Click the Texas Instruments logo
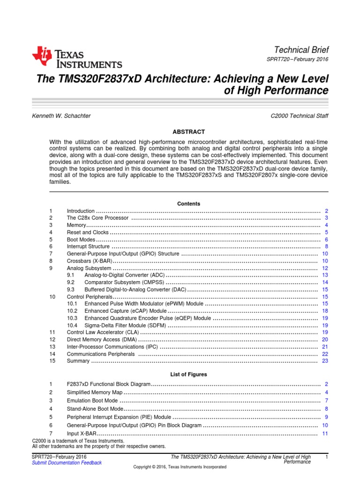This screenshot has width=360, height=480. (x=77, y=57)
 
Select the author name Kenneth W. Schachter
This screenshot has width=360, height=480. (x=61, y=115)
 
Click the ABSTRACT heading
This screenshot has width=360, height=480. (x=188, y=132)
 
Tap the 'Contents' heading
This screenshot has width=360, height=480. (x=188, y=204)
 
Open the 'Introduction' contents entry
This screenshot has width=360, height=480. (x=81, y=211)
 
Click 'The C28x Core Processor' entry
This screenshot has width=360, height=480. (x=97, y=218)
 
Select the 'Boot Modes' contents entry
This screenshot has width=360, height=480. (x=81, y=240)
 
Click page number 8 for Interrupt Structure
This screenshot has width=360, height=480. (x=326, y=247)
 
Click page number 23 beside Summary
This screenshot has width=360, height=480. (x=325, y=361)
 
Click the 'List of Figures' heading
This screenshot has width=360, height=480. (x=188, y=375)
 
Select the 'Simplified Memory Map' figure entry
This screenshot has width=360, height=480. (x=95, y=392)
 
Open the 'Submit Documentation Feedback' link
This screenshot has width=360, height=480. (x=67, y=463)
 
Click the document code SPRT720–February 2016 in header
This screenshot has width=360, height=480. (x=297, y=60)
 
